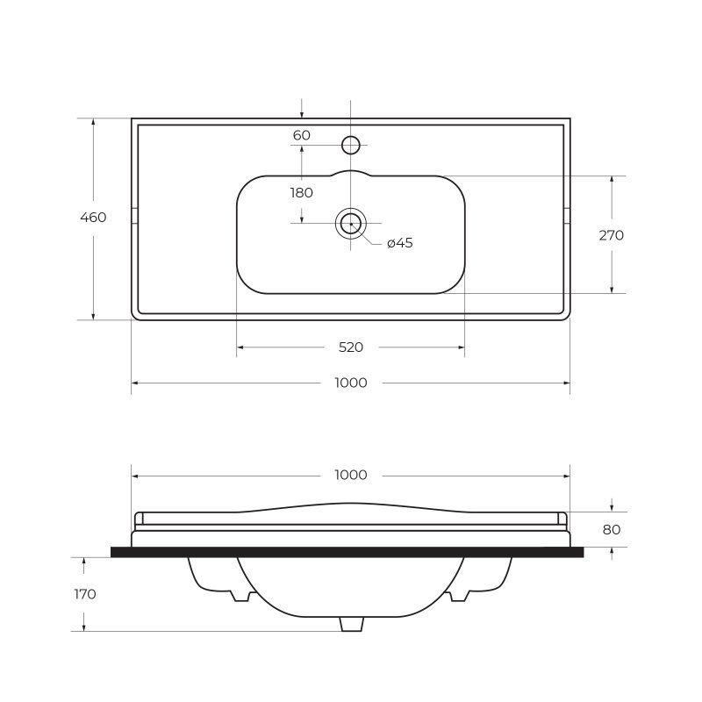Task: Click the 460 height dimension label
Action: (x=93, y=217)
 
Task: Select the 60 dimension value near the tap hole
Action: (x=301, y=135)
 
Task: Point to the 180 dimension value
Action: (x=301, y=193)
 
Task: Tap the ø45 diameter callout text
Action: (x=400, y=243)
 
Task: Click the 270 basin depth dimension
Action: (x=611, y=235)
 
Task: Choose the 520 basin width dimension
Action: (x=350, y=347)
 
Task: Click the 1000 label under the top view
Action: (x=351, y=383)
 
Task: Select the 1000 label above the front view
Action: (x=351, y=475)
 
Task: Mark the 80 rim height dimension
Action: (x=612, y=530)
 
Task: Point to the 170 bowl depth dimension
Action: (x=85, y=594)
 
